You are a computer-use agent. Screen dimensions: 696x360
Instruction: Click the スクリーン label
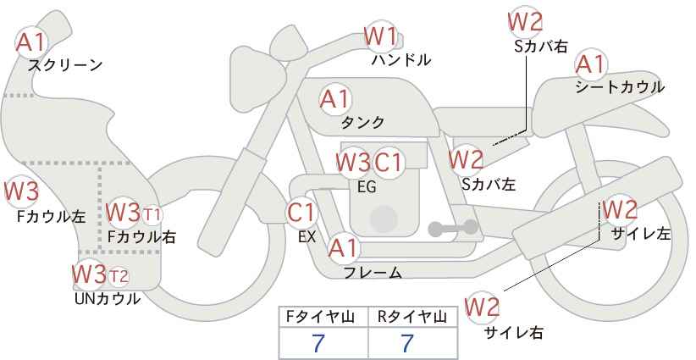click(65, 65)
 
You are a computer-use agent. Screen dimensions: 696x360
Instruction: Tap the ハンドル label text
click(401, 59)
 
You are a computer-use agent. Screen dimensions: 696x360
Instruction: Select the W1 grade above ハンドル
click(380, 36)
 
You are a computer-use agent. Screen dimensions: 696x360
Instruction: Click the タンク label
click(362, 122)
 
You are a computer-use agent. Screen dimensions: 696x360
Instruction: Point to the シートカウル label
click(620, 87)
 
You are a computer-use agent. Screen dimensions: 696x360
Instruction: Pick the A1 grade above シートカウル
click(590, 64)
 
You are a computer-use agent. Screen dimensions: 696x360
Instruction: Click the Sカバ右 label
click(541, 47)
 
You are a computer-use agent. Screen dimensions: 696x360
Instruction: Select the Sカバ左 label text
click(489, 184)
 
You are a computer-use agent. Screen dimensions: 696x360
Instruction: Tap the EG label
click(367, 187)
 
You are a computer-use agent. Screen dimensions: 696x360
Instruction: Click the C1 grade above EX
click(301, 213)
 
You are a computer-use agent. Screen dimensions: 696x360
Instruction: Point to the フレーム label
click(373, 273)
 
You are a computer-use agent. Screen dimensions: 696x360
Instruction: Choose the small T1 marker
click(152, 215)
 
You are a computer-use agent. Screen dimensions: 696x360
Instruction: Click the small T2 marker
click(119, 276)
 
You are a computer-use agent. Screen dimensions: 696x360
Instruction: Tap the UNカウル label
click(107, 299)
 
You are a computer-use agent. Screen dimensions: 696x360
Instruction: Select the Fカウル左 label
click(51, 217)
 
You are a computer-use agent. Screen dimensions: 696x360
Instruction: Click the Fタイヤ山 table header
click(320, 317)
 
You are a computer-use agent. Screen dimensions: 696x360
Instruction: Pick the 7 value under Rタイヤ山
click(407, 343)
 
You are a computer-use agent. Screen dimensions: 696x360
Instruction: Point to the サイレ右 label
click(514, 332)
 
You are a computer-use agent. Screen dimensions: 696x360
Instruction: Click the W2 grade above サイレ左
click(620, 209)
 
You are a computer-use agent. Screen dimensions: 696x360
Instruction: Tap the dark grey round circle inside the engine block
click(384, 219)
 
